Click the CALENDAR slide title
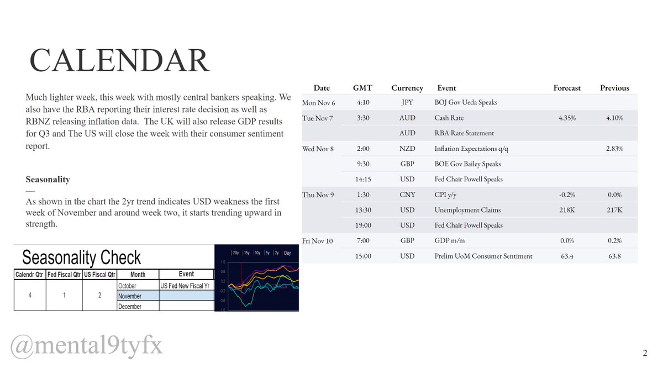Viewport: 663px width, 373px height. pos(119,61)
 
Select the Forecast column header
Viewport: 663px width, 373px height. pos(567,88)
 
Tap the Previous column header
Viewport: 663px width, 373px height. pos(614,88)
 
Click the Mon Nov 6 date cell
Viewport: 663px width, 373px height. pos(319,103)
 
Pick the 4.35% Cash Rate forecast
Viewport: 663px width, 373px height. pos(567,118)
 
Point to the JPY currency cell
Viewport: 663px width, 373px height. pos(407,102)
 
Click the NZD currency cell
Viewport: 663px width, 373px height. pos(407,149)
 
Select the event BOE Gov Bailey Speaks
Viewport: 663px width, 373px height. pos(469,164)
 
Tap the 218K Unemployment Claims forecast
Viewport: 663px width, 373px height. pos(567,210)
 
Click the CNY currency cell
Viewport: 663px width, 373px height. pos(407,195)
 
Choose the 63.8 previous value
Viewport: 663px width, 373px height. pos(614,256)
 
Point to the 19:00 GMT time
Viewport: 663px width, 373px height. pos(362,225)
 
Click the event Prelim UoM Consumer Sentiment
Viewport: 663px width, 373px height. pos(483,256)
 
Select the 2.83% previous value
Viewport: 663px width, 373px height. pos(614,149)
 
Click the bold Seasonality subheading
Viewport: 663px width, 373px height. pos(48,180)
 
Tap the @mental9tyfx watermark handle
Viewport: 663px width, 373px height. pos(87,346)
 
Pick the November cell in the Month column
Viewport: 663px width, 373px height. pos(130,296)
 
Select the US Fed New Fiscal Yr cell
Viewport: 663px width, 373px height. pos(186,286)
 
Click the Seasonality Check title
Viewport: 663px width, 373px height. pos(82,258)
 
